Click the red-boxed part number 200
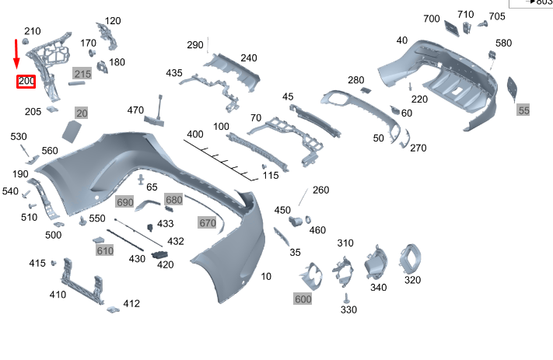pos(26,81)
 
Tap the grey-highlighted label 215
pos(82,74)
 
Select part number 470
pos(135,110)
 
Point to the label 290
pos(194,45)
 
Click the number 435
pos(173,73)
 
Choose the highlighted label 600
pos(303,299)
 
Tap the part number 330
pos(348,310)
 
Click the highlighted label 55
pos(523,110)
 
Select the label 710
pos(465,14)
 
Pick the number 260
pos(321,190)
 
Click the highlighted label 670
pos(207,223)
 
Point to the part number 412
pos(131,303)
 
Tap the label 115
pos(270,176)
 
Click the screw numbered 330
pos(346,297)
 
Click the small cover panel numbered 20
pos(72,130)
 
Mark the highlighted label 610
pos(105,250)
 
